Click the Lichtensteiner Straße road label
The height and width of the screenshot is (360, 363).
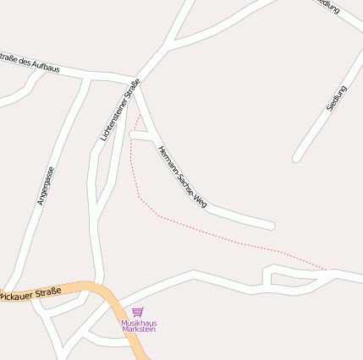click(x=119, y=109)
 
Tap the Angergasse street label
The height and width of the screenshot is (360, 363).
click(x=46, y=186)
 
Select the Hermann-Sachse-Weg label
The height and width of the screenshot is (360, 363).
click(x=182, y=177)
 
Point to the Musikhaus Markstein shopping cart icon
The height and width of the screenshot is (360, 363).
click(x=138, y=313)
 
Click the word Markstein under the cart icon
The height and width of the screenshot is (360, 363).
click(x=139, y=329)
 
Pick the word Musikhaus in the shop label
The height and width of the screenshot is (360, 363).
click(x=139, y=322)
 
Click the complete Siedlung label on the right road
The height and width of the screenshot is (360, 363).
click(x=336, y=99)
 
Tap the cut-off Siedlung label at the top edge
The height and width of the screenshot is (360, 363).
click(x=327, y=6)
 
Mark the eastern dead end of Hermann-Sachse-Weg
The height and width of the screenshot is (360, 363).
click(x=271, y=226)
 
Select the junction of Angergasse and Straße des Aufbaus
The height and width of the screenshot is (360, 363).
click(x=87, y=78)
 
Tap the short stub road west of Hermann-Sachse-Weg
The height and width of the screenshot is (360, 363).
click(x=135, y=134)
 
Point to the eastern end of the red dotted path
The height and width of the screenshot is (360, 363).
click(x=327, y=270)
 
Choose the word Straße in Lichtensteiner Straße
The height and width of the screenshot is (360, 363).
click(x=130, y=90)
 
